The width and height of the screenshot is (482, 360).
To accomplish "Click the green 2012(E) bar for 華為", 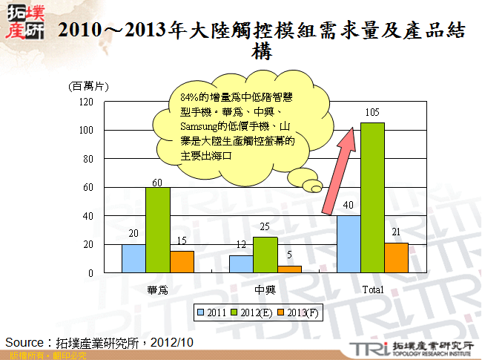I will pyautogui.click(x=158, y=230).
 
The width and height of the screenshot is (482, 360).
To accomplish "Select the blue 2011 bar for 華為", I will pyautogui.click(x=133, y=258).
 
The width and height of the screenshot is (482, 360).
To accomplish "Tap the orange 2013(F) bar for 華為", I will pyautogui.click(x=182, y=262).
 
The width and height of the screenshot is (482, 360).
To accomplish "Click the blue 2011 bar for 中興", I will pyautogui.click(x=241, y=264).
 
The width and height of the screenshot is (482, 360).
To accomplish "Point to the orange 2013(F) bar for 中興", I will pyautogui.click(x=289, y=269).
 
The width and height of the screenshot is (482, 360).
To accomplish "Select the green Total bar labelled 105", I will pyautogui.click(x=372, y=197).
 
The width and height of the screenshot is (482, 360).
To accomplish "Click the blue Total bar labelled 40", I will pyautogui.click(x=349, y=244).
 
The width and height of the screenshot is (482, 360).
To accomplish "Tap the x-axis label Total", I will pyautogui.click(x=372, y=289).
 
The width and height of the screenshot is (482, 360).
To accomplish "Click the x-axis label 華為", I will pyautogui.click(x=157, y=289).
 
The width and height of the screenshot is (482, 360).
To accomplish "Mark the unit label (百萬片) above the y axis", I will pyautogui.click(x=88, y=87).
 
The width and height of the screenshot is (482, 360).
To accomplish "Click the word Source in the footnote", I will pyautogui.click(x=25, y=341).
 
